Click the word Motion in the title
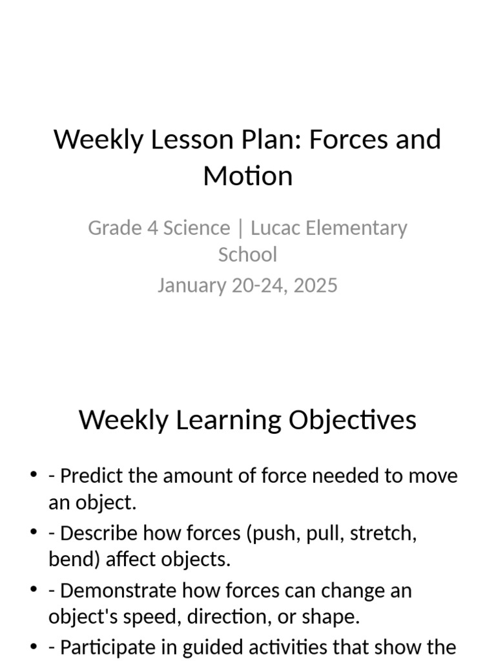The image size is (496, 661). point(248,176)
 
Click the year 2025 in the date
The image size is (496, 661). point(315,285)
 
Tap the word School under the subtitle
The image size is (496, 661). point(247,254)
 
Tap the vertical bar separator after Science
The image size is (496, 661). point(240,228)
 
